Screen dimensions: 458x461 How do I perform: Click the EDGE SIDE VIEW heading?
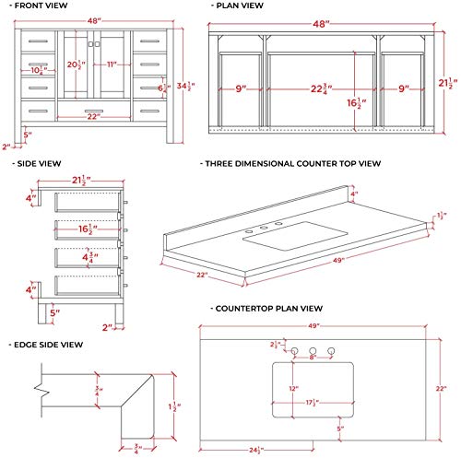[51, 345]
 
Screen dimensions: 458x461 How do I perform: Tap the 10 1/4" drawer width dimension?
[37, 69]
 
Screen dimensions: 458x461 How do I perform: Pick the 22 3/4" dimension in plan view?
[320, 89]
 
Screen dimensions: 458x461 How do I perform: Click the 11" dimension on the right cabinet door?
[112, 65]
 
